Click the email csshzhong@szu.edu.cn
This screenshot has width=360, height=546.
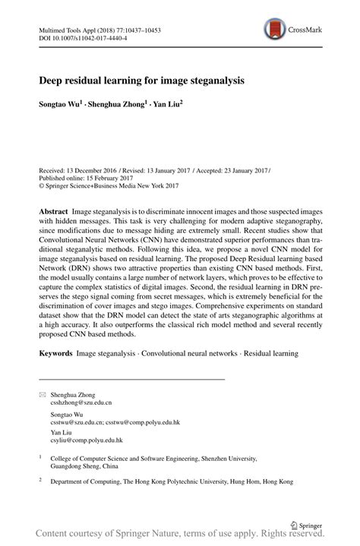click(x=81, y=404)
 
